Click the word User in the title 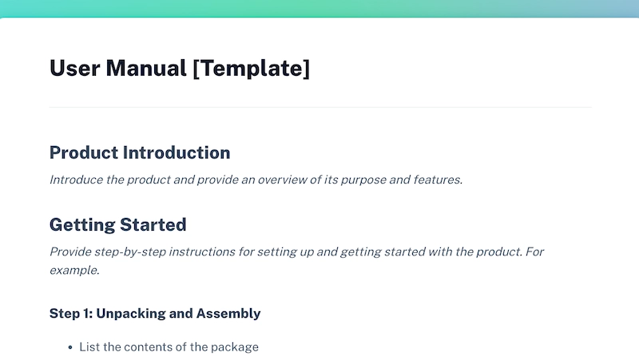(74, 69)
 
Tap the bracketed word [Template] (251, 69)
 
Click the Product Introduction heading (140, 152)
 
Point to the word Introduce (75, 180)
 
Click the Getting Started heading (117, 224)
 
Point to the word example (73, 271)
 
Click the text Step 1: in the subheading (70, 314)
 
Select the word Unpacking (131, 314)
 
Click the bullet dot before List (70, 347)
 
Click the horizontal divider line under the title (319, 107)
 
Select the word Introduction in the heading (176, 152)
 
